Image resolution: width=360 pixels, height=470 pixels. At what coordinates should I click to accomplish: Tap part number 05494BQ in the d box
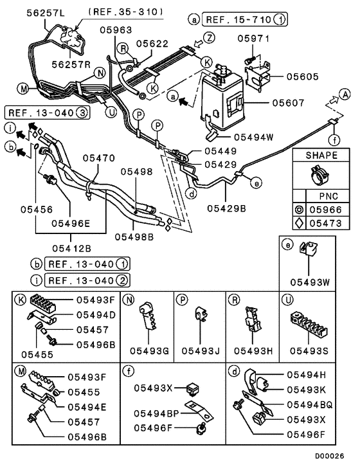pos(310,405)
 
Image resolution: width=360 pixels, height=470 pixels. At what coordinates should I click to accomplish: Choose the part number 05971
pos(252,39)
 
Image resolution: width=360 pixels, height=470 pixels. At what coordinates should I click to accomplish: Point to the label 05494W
pos(253,136)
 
